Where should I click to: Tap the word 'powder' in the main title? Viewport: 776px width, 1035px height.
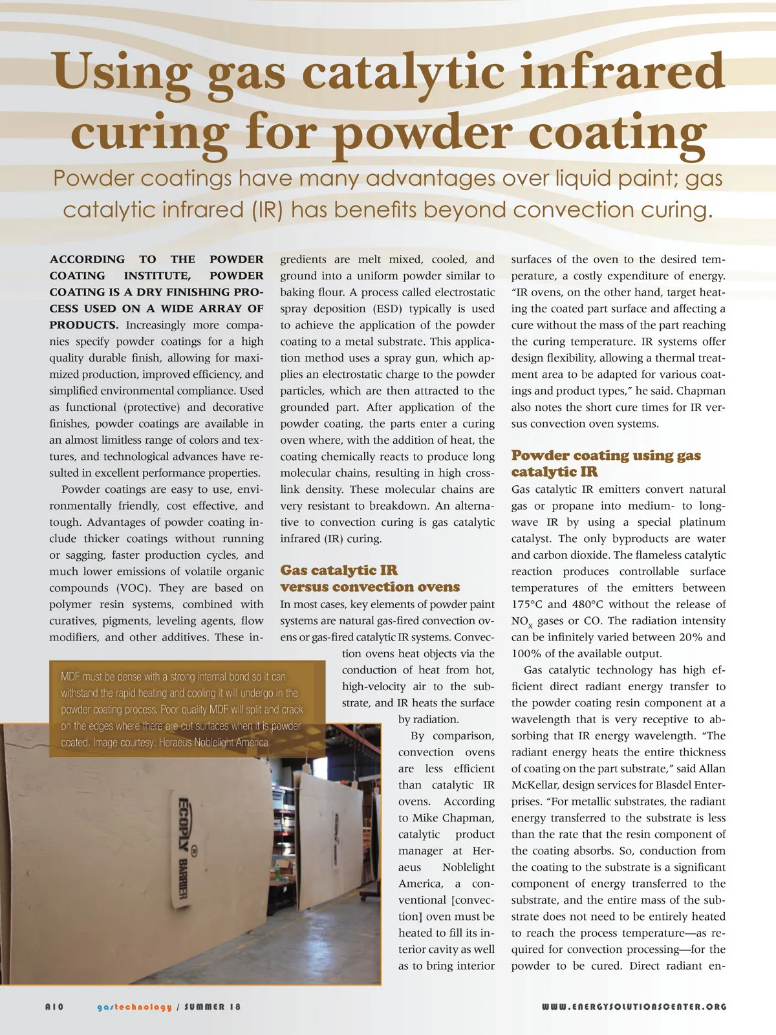pos(424,133)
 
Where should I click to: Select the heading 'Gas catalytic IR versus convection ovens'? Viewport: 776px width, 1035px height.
pos(369,578)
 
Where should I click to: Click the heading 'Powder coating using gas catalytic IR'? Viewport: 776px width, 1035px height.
pos(605,463)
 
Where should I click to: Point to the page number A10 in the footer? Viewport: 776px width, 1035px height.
pos(54,1007)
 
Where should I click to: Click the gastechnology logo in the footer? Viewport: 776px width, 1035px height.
pos(135,1007)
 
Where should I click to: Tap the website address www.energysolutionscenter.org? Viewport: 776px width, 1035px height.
pos(634,1007)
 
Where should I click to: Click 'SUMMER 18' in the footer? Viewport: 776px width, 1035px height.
pos(213,1007)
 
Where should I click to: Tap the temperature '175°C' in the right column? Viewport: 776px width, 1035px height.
pos(526,604)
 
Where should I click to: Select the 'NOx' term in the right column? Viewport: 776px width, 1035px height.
pos(521,622)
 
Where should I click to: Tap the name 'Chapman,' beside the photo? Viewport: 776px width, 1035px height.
pos(469,818)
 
